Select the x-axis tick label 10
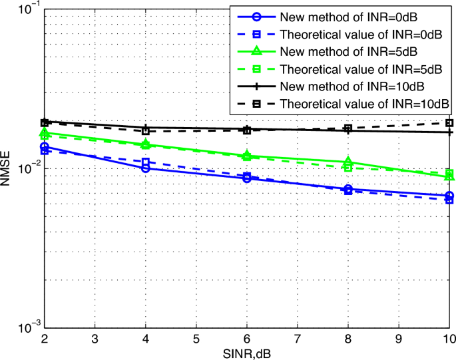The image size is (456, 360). coord(449,339)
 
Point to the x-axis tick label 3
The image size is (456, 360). coord(95,339)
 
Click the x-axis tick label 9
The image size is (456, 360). coord(399,339)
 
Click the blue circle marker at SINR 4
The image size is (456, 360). coord(146,168)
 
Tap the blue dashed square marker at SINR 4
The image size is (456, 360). coord(146,162)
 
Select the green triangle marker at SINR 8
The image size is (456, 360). coord(348,162)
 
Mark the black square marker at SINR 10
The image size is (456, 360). coord(449,122)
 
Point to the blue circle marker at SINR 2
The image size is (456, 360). coord(45,146)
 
